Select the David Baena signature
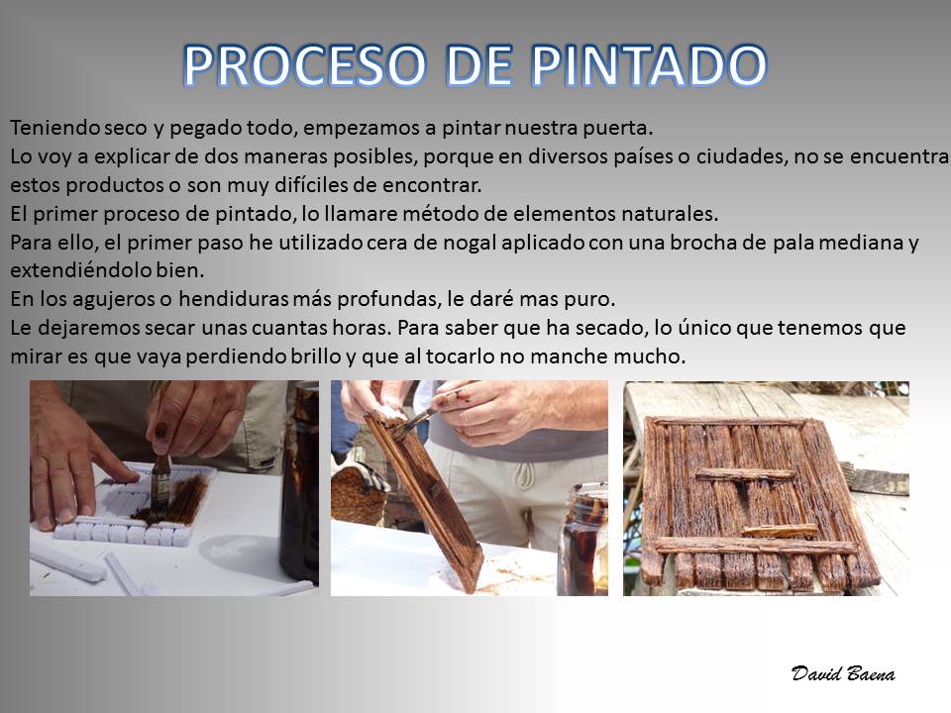click(x=843, y=673)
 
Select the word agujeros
click(x=121, y=299)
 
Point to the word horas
click(x=361, y=328)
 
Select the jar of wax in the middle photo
click(x=583, y=540)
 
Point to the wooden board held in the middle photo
click(x=425, y=497)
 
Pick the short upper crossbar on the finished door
click(x=745, y=474)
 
